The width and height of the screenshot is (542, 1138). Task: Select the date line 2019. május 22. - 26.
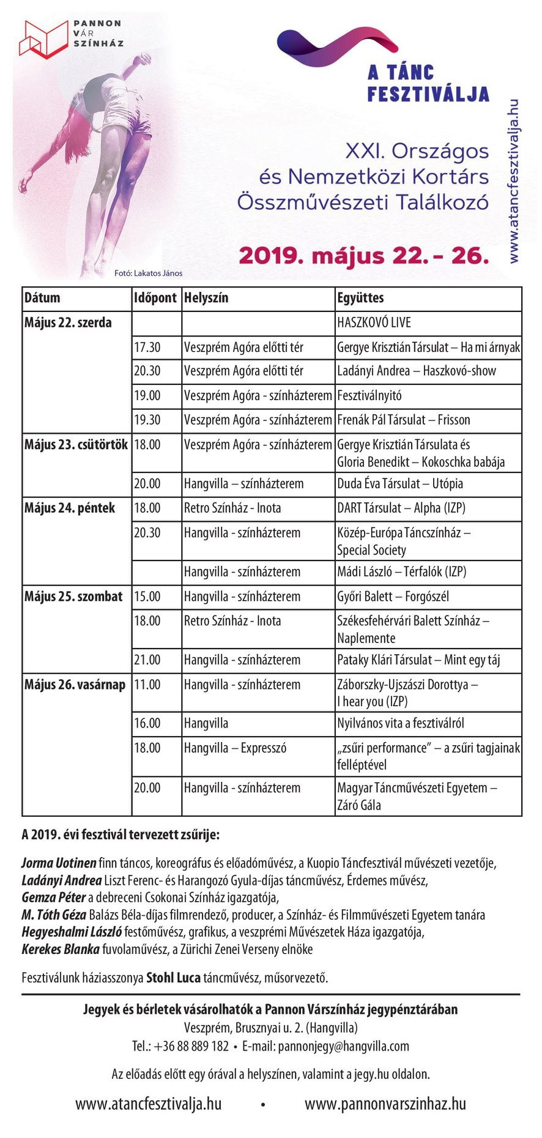click(x=364, y=255)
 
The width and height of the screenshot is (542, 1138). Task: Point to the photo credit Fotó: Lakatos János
click(x=148, y=273)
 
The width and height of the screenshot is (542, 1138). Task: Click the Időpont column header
click(x=155, y=298)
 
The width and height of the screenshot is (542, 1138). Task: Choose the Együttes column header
click(x=360, y=298)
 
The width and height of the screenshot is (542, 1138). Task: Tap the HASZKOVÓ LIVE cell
click(x=374, y=322)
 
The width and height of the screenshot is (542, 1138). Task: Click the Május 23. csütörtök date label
click(x=76, y=445)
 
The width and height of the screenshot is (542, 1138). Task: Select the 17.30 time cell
click(x=147, y=348)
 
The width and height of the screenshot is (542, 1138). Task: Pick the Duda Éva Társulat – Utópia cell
click(x=400, y=483)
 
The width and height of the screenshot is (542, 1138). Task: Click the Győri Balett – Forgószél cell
click(x=393, y=597)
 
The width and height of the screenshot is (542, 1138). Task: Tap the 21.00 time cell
click(x=147, y=660)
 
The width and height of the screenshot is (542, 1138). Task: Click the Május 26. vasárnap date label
click(x=75, y=685)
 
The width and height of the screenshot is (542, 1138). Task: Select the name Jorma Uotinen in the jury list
click(x=59, y=863)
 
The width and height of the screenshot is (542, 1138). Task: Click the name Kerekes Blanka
click(x=61, y=950)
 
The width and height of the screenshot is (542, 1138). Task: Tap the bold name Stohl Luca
click(x=173, y=977)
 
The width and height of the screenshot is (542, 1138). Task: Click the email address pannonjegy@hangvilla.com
click(x=343, y=1046)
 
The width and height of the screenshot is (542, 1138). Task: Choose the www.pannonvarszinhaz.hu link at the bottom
click(x=385, y=1104)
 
